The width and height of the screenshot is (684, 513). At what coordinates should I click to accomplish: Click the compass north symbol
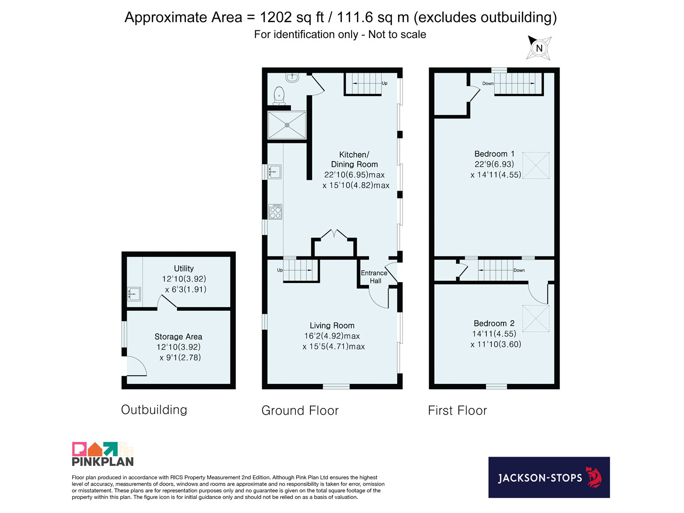click(x=539, y=48)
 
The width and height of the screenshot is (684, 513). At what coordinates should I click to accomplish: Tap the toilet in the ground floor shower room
click(x=279, y=96)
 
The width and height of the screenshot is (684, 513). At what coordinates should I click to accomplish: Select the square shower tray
click(x=287, y=125)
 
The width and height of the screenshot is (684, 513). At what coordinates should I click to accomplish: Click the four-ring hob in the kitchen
click(x=275, y=212)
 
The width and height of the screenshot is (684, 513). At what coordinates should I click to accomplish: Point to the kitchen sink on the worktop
click(x=274, y=171)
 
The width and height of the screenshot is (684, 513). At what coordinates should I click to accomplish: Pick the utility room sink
click(x=134, y=294)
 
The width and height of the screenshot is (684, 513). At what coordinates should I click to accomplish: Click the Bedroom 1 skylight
click(x=536, y=165)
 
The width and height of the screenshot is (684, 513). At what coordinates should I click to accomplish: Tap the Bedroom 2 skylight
click(x=536, y=318)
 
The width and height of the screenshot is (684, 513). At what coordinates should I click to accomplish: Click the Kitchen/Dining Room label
click(x=354, y=159)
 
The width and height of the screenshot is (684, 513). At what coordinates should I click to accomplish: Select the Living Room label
click(x=332, y=325)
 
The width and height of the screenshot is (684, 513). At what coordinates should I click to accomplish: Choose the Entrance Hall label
click(x=374, y=277)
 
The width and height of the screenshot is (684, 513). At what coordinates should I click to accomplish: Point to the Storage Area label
click(x=178, y=337)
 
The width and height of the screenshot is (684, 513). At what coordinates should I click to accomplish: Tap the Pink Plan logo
click(x=103, y=454)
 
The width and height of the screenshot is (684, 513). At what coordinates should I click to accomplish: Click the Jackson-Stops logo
click(x=549, y=477)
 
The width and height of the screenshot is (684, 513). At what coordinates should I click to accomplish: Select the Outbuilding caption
click(x=154, y=410)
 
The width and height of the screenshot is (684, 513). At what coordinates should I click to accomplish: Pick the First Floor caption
click(x=457, y=410)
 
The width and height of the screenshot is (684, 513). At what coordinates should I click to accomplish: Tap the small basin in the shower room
click(x=292, y=77)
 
